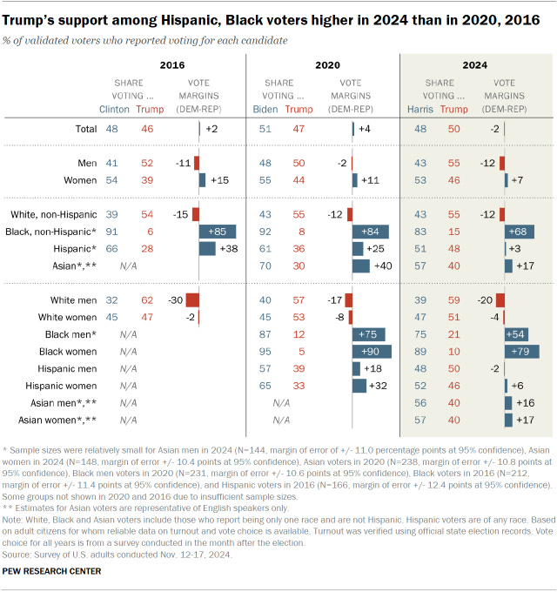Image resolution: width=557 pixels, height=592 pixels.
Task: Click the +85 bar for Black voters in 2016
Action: click(218, 231)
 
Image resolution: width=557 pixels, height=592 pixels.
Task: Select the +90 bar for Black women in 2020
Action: click(372, 351)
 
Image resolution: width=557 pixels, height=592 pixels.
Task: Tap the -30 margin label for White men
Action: click(173, 299)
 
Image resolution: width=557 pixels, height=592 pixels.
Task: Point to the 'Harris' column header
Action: click(421, 109)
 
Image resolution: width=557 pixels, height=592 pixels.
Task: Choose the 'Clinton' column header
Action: click(116, 109)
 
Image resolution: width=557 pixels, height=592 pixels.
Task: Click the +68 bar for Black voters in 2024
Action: click(520, 231)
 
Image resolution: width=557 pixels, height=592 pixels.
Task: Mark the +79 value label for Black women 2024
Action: click(521, 351)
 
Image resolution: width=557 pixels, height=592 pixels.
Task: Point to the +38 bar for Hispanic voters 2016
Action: click(207, 248)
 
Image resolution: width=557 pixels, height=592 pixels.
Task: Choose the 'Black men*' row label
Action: click(71, 333)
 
